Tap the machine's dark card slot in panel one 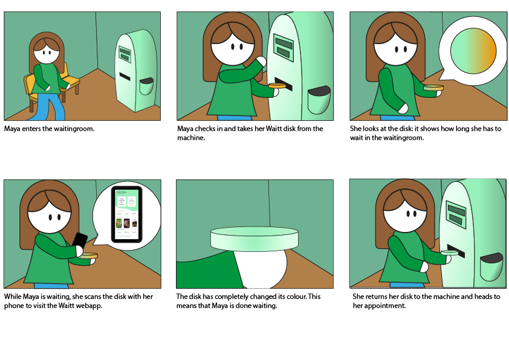tap(125, 77)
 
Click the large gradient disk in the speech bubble tap(473, 51)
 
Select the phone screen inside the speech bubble tap(126, 214)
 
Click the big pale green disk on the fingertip tap(254, 239)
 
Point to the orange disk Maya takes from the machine tap(277, 86)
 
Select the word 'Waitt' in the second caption tap(273, 129)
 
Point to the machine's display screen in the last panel tap(455, 214)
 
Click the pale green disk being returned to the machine tap(449, 252)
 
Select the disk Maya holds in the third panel tap(433, 88)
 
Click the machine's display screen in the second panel tap(284, 47)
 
